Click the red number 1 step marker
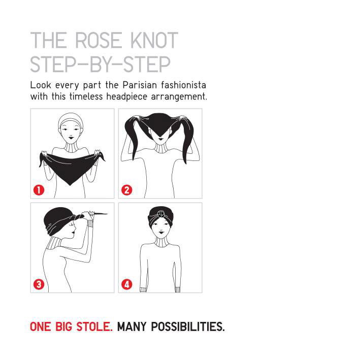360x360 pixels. (39, 190)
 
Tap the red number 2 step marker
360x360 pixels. (127, 190)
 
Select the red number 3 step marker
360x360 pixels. (39, 284)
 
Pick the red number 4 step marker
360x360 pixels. (127, 284)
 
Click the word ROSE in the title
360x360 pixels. (99, 41)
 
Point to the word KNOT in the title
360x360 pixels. (154, 41)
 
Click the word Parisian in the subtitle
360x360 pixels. (140, 85)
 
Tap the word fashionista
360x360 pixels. (183, 85)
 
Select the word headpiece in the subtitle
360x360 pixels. (126, 96)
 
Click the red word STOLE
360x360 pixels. (94, 326)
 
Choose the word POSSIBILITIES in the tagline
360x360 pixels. (188, 326)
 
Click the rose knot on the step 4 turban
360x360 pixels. (161, 214)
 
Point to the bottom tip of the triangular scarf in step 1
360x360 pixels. (70, 185)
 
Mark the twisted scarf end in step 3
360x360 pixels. (99, 214)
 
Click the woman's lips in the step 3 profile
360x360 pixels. (73, 233)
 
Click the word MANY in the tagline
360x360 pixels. (132, 326)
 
